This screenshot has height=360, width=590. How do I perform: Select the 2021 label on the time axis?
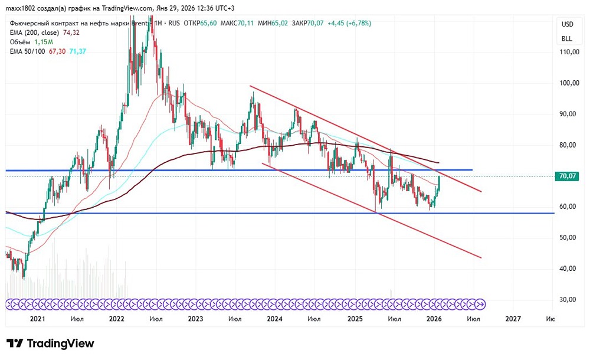click(x=37, y=319)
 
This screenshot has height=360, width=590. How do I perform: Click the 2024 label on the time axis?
click(x=274, y=319)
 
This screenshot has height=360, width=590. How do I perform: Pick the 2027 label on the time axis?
click(x=513, y=319)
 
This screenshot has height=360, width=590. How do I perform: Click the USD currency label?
click(x=566, y=24)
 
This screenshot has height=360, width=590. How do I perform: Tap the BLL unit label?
click(x=566, y=38)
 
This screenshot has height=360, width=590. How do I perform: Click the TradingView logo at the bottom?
click(x=50, y=343)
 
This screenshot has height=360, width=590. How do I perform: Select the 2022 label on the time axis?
click(x=116, y=319)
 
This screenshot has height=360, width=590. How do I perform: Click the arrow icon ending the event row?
click(x=481, y=304)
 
